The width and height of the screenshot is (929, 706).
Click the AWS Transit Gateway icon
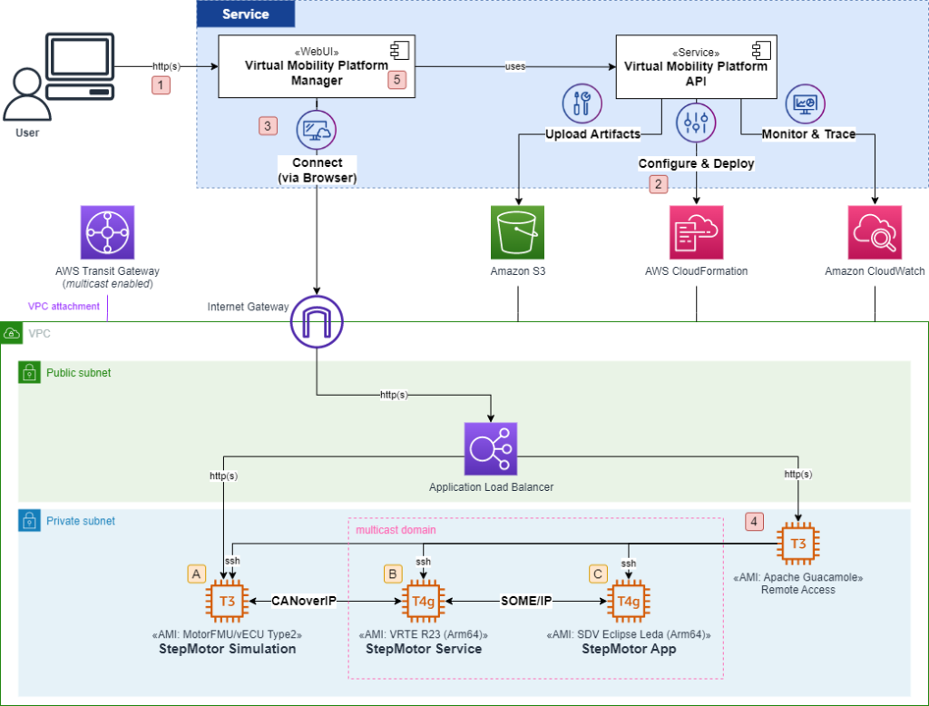click(x=107, y=231)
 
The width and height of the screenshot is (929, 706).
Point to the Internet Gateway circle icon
click(x=316, y=321)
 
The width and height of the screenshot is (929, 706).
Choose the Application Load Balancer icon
click(x=491, y=448)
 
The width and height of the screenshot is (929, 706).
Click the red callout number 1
click(x=161, y=85)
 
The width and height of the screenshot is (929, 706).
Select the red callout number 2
click(x=658, y=183)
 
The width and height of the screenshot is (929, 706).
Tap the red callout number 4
click(x=754, y=522)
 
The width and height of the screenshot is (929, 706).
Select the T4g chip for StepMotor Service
click(x=424, y=601)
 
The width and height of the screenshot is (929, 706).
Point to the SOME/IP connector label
click(x=526, y=601)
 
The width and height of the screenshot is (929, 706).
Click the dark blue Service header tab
click(x=246, y=14)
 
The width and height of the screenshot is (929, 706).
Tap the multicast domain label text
click(x=395, y=529)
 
